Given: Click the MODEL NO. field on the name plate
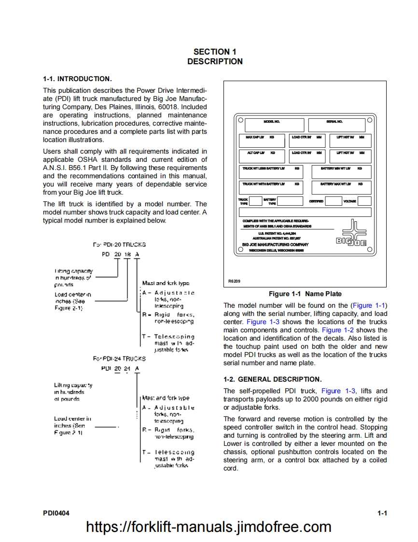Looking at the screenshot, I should point(274,125).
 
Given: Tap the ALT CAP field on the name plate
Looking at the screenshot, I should point(262,156).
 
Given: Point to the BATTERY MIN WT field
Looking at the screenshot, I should point(341,171).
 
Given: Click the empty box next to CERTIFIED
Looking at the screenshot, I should point(333,201).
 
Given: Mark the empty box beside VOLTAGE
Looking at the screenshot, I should point(364,201).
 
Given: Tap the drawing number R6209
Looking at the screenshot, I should point(234,281).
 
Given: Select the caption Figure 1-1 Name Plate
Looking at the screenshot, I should point(305,294).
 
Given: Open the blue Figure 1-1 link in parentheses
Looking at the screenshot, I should point(369,305).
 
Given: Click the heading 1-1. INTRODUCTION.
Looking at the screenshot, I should point(77,79).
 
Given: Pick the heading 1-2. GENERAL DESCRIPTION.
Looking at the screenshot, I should point(272,379).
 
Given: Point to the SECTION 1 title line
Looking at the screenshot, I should point(215,52).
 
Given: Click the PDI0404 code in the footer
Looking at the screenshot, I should point(56,513).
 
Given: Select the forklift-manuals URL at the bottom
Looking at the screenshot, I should point(209,527).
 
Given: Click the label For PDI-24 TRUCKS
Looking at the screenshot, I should point(119,359).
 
